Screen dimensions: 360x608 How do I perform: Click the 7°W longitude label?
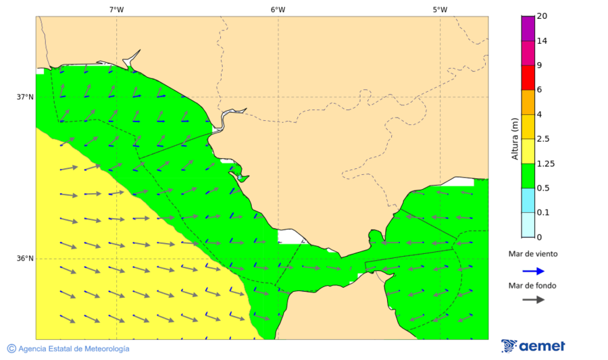click(x=116, y=9)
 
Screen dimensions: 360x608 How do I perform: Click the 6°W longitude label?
click(x=278, y=9)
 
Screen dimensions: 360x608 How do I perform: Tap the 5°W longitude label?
click(x=440, y=9)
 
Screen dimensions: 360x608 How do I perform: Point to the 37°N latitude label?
click(x=25, y=97)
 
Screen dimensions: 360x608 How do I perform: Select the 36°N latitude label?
click(x=25, y=259)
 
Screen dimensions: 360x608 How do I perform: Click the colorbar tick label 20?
click(x=542, y=16)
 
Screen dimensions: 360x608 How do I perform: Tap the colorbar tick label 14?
click(x=542, y=41)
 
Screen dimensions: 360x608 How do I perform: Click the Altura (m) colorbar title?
click(x=515, y=138)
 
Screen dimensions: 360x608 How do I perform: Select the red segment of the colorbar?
click(x=528, y=78)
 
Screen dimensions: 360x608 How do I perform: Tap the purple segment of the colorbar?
click(x=528, y=28)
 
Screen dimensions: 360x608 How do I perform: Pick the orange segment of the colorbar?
click(x=528, y=102)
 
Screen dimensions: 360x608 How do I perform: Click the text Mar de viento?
click(x=534, y=255)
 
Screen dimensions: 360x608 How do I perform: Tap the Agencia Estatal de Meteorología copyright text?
click(x=73, y=349)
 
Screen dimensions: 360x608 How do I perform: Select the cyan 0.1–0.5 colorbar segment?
click(x=528, y=200)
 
